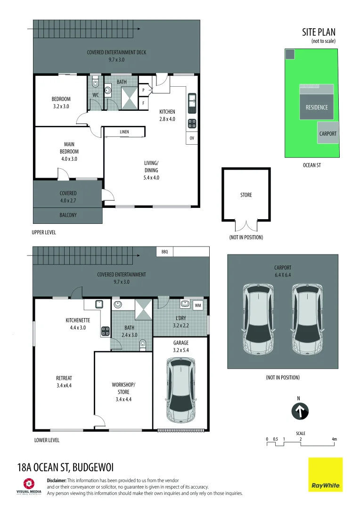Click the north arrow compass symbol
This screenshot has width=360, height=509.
[298, 411]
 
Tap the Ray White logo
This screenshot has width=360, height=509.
[325, 475]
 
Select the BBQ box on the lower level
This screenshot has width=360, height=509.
[164, 252]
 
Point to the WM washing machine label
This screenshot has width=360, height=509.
[198, 305]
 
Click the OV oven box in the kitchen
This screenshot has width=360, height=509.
[192, 138]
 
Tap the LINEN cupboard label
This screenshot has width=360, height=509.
[124, 132]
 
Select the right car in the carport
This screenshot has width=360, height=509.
[307, 319]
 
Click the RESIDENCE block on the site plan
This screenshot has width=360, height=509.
[317, 107]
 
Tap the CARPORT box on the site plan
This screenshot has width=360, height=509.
[327, 133]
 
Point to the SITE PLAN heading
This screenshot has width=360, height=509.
[319, 32]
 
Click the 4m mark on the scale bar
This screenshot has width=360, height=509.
[335, 439]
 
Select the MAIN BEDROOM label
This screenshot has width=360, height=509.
[69, 148]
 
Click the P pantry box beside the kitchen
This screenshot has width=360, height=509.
[143, 90]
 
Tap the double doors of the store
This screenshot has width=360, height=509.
[246, 226]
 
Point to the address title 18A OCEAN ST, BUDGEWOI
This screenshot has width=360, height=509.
[65, 468]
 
